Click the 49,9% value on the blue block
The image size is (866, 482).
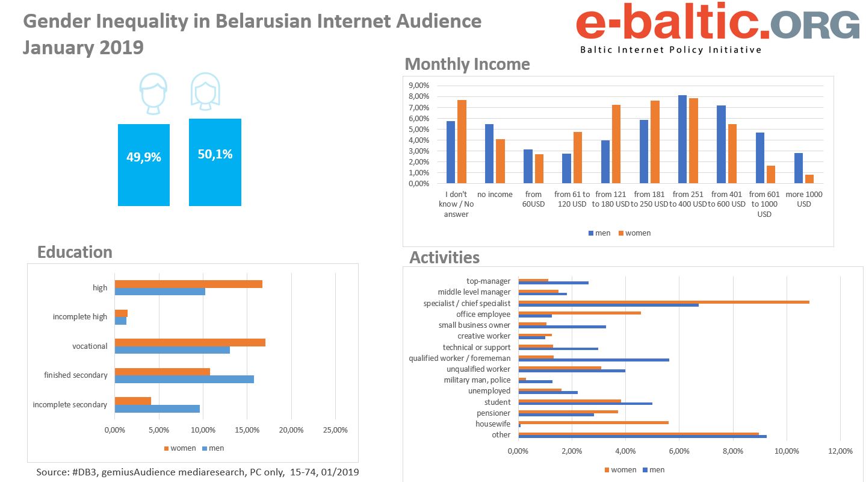pos(143,158)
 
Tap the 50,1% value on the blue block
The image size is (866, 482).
pos(215,154)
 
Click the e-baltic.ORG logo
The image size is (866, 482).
pos(717,28)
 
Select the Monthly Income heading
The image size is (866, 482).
pos(467,64)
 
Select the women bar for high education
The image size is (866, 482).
pos(188,284)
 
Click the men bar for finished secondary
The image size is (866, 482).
pos(184,379)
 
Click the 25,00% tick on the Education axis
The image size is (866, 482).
pos(335,430)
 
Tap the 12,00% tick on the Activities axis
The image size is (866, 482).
pos(840,451)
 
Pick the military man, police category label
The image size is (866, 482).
pos(477,380)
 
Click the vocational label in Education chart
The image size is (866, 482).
pos(90,346)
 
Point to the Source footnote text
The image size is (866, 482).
pos(197,472)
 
